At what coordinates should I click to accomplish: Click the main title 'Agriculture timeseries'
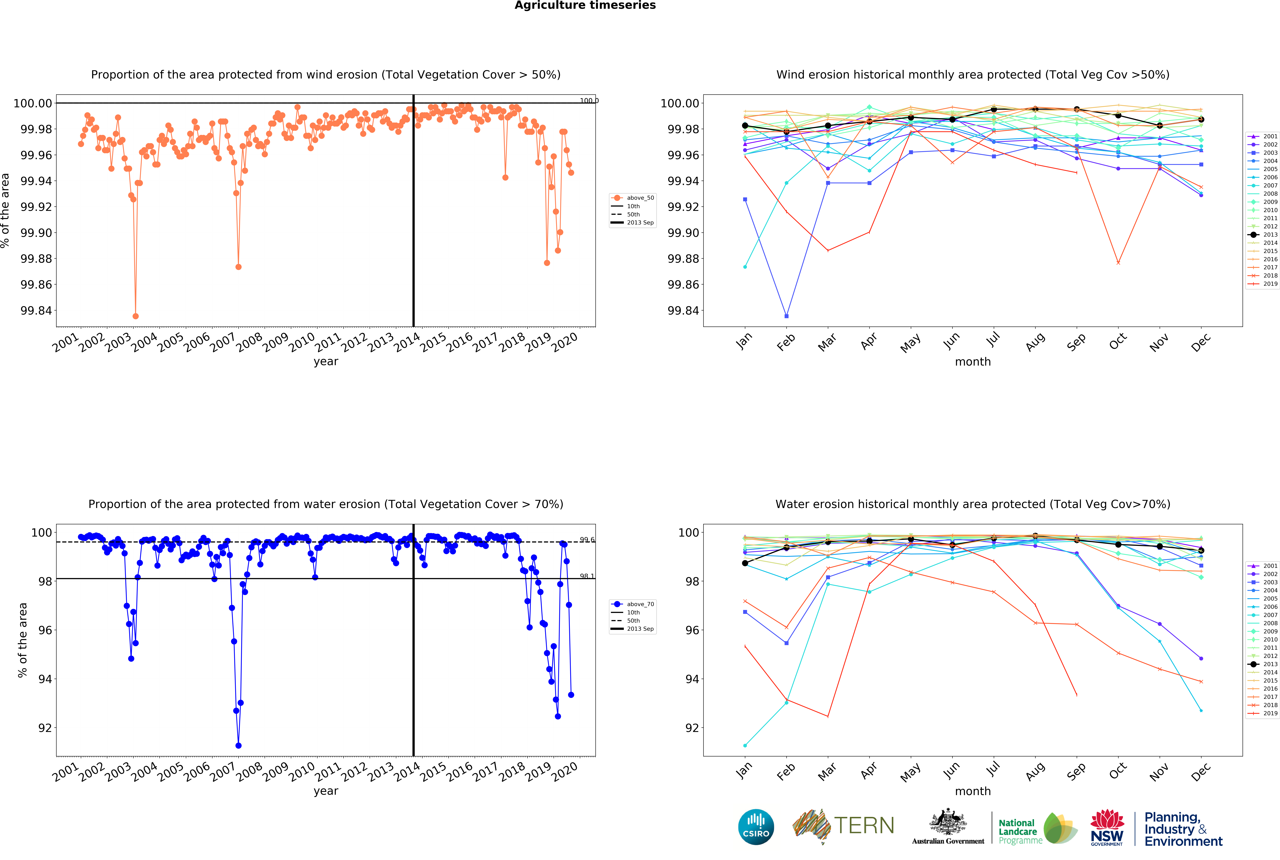(x=585, y=6)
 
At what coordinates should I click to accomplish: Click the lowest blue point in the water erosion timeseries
(x=238, y=745)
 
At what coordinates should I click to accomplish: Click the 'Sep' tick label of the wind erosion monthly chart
(x=1076, y=342)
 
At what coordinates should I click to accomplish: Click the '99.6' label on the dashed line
(x=587, y=540)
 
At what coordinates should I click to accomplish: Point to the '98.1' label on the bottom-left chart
(x=587, y=576)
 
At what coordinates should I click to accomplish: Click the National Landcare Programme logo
(x=1037, y=828)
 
